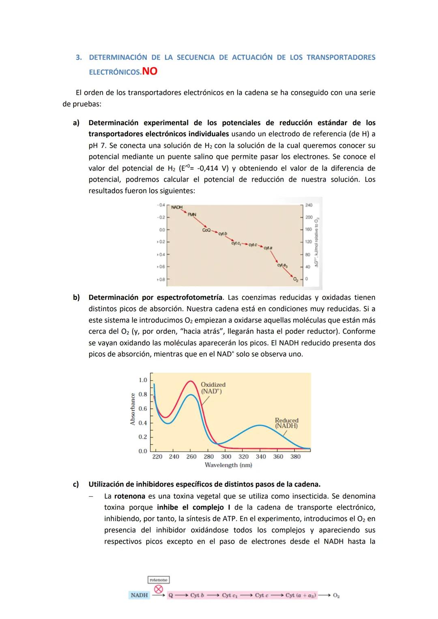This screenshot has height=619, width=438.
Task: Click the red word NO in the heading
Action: pos(150,71)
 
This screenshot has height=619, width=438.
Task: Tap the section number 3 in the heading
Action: pos(78,58)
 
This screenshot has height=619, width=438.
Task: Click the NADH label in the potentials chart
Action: pos(177,207)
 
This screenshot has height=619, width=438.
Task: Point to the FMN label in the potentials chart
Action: pos(192,214)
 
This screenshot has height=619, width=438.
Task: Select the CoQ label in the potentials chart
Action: pos(206,230)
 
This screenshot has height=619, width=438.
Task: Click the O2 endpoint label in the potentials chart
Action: pos(296,279)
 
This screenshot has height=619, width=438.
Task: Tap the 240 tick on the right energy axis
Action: pos(309,205)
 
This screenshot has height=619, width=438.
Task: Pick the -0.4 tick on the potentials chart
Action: pos(161,205)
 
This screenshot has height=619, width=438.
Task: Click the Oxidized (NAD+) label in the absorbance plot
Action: pos(213,388)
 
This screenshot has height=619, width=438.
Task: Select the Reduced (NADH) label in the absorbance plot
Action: pos(286,423)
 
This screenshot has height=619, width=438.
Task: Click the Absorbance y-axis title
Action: pos(133,409)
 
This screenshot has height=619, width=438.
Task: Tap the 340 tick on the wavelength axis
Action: pos(261,457)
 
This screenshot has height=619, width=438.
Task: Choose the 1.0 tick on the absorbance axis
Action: pos(143,380)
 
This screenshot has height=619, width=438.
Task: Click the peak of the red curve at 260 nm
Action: pos(190,381)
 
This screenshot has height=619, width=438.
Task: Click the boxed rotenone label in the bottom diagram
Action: pos(159,580)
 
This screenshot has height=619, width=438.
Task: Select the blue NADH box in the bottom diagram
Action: pos(139,595)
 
